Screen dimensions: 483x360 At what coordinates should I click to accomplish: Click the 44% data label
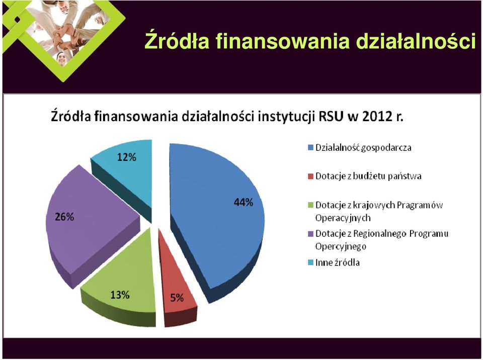tap(244, 202)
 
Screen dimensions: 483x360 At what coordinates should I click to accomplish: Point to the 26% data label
tap(64, 217)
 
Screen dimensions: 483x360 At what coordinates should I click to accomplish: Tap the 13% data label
tap(120, 295)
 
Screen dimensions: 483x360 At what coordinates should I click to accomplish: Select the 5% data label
tap(177, 298)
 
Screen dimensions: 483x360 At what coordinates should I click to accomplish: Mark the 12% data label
tap(127, 157)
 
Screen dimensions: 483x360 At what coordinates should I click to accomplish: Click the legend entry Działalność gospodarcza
tap(359, 148)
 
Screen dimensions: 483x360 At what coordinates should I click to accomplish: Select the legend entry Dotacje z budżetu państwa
tap(364, 176)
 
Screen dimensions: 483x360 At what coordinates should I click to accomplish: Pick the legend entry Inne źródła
tap(334, 262)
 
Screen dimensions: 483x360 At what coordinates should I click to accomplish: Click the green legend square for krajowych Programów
tap(310, 205)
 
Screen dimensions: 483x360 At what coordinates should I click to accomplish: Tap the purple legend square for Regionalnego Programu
tap(310, 234)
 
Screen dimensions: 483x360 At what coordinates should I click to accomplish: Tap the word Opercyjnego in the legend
tap(341, 246)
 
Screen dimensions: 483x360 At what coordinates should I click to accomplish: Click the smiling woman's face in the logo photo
tap(61, 58)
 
